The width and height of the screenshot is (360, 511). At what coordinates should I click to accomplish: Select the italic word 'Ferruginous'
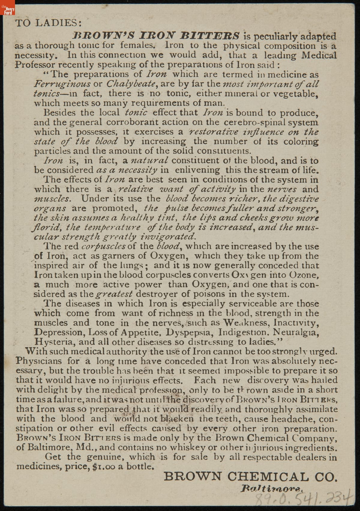coord(62,84)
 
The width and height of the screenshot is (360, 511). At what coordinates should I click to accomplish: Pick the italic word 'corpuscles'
coord(103,246)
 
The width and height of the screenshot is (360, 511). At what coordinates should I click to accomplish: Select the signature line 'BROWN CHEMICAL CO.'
coord(250,477)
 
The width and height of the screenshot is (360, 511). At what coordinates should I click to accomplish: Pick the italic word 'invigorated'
coord(168,237)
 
